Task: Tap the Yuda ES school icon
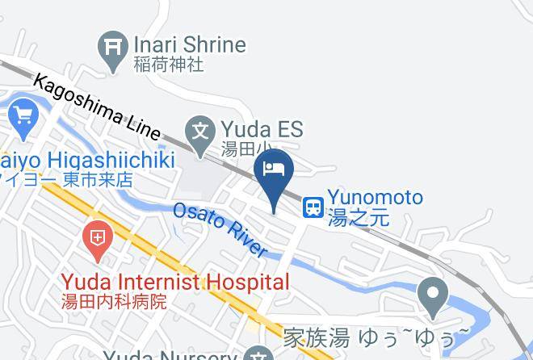click(199, 130)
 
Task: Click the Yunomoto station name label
click(375, 198)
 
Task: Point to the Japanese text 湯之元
click(358, 218)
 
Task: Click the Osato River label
click(220, 230)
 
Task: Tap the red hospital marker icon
click(97, 239)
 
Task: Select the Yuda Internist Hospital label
click(175, 282)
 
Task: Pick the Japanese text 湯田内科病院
click(115, 302)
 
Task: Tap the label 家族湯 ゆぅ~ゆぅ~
click(376, 335)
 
